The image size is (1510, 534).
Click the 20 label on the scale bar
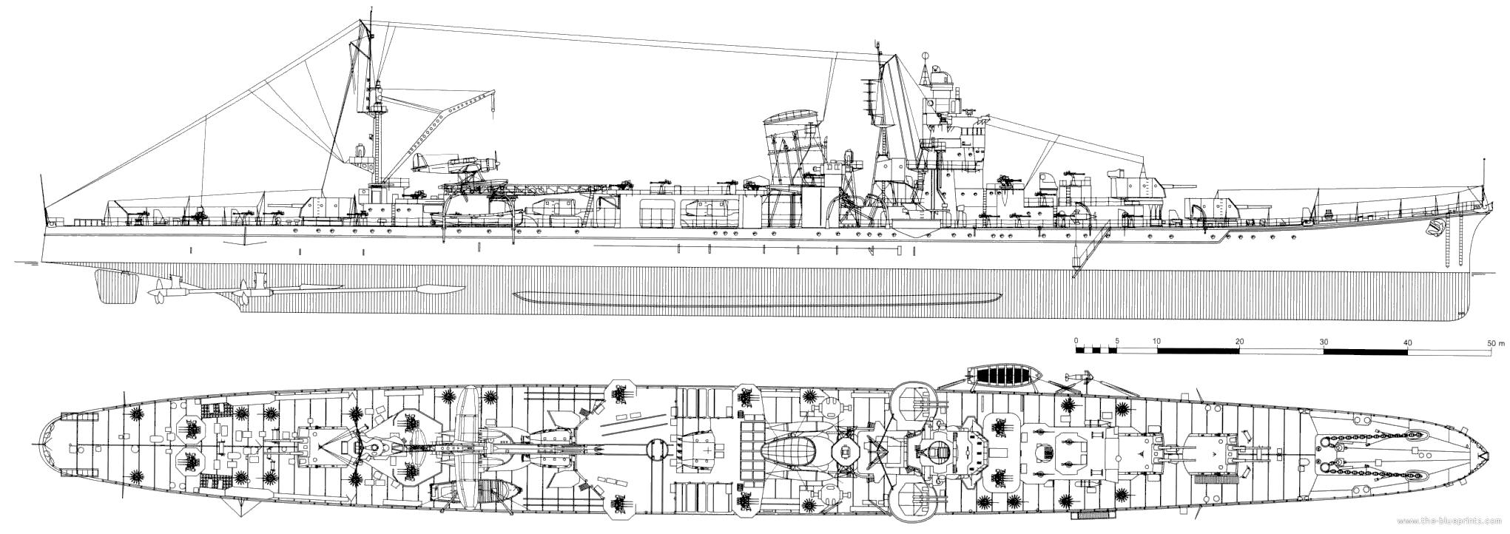pyautogui.click(x=1240, y=342)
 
